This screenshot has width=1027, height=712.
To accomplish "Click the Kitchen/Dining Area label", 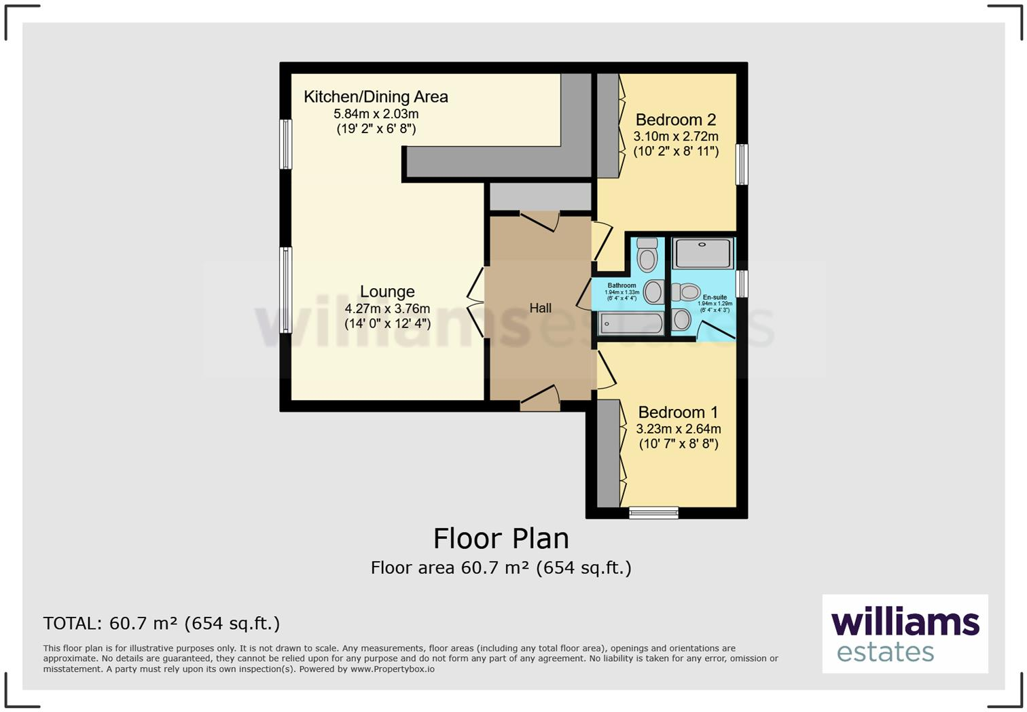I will click(x=376, y=97).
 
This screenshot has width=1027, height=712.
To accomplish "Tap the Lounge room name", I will click(x=387, y=291).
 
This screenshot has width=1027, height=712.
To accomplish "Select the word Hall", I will click(x=540, y=308).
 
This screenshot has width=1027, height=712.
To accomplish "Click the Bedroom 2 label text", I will click(x=675, y=120).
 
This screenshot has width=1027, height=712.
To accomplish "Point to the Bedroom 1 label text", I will click(x=678, y=412).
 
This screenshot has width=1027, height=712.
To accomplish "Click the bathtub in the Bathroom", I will click(x=631, y=324).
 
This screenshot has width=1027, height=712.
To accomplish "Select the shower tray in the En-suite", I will click(x=703, y=253).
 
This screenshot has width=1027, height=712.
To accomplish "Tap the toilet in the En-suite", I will click(x=687, y=292).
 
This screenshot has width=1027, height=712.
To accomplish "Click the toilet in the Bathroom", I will click(x=647, y=255).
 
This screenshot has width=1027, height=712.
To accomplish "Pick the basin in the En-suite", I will click(x=681, y=319).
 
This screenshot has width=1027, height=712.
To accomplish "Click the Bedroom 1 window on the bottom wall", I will click(x=653, y=513).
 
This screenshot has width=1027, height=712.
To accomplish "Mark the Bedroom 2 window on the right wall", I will click(x=742, y=164).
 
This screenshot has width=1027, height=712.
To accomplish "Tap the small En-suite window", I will click(x=742, y=283).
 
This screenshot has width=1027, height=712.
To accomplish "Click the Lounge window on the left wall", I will click(x=286, y=290).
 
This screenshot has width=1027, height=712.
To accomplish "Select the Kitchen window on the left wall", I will click(x=286, y=144).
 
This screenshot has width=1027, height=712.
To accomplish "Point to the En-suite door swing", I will click(x=713, y=331).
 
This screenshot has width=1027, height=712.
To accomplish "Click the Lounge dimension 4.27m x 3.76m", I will click(x=387, y=308).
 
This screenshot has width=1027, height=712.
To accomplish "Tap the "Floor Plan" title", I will click(x=501, y=538).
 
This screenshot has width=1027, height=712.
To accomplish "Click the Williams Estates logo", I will click(x=905, y=634).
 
